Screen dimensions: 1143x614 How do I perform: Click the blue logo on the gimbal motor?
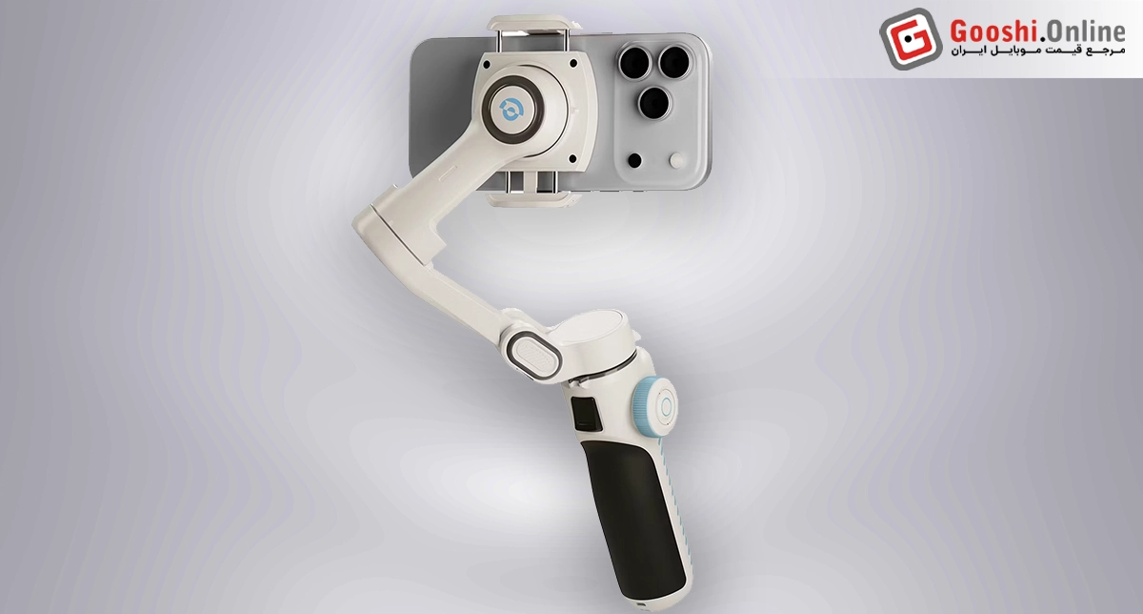coord(511,109)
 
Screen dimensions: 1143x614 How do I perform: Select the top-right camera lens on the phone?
coord(674,62)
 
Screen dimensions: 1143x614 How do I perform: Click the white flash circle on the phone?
coord(676,160)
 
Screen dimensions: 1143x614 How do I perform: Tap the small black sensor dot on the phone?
coord(634,160)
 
